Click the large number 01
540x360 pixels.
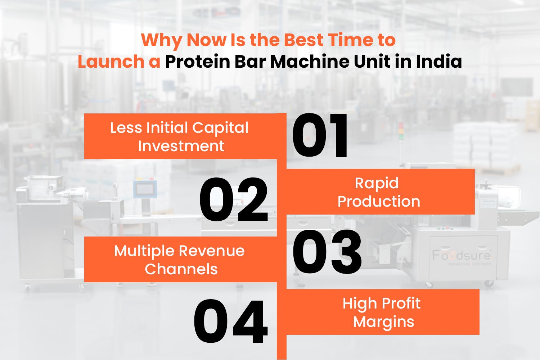point(320,136)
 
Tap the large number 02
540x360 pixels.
point(234,200)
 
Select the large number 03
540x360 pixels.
point(327,252)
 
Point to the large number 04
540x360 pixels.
point(231,321)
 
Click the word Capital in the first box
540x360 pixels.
point(220,128)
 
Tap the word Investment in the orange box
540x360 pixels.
point(181,146)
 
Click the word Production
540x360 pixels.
point(379,202)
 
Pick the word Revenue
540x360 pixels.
point(211,251)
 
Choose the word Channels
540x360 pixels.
point(181,269)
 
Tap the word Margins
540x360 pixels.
point(383,322)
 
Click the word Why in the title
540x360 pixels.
point(161,40)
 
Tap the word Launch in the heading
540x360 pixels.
point(111,62)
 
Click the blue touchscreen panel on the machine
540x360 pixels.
point(145,189)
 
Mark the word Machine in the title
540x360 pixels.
point(310,62)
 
